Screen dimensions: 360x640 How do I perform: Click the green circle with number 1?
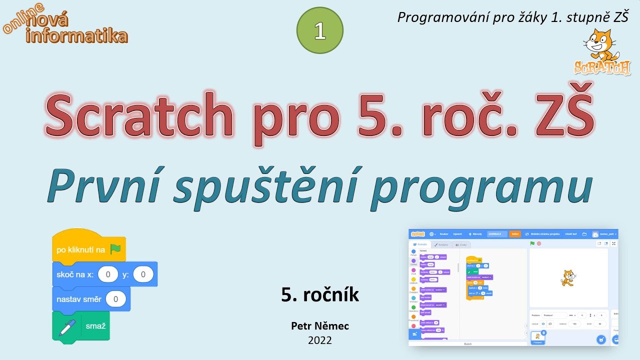click(320, 31)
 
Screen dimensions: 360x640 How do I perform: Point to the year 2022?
click(320, 340)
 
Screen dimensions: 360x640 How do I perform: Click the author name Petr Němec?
click(320, 326)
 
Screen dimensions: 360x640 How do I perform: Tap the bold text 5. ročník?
click(320, 295)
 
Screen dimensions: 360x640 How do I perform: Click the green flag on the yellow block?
click(115, 249)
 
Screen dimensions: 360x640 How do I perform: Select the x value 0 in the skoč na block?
click(108, 274)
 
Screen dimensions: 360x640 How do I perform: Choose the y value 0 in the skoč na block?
click(143, 274)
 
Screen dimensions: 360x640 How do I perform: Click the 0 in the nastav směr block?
click(116, 299)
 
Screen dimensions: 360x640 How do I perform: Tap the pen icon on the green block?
click(67, 327)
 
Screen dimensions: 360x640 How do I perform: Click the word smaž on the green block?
click(95, 326)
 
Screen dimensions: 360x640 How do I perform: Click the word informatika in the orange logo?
click(76, 36)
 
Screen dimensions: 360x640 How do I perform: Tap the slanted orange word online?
click(23, 18)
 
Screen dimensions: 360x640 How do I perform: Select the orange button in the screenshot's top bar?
click(514, 234)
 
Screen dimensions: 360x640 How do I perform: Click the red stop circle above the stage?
click(539, 243)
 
